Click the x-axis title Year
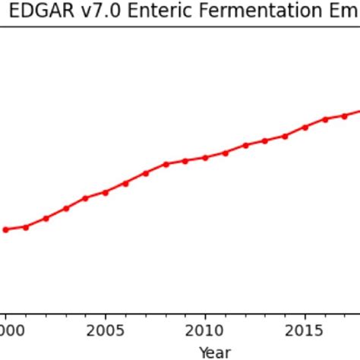[x=214, y=352]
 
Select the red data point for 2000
[x=5, y=229]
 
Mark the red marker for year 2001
[x=26, y=227]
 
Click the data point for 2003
[x=65, y=208]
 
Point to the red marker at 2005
[x=106, y=192]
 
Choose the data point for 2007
[x=145, y=173]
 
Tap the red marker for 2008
[x=166, y=164]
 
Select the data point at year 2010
[x=205, y=157]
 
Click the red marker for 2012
[x=245, y=145]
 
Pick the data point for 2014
[x=285, y=136]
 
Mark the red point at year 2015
[x=305, y=127]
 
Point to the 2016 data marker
[x=325, y=119]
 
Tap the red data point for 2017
[x=345, y=115]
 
